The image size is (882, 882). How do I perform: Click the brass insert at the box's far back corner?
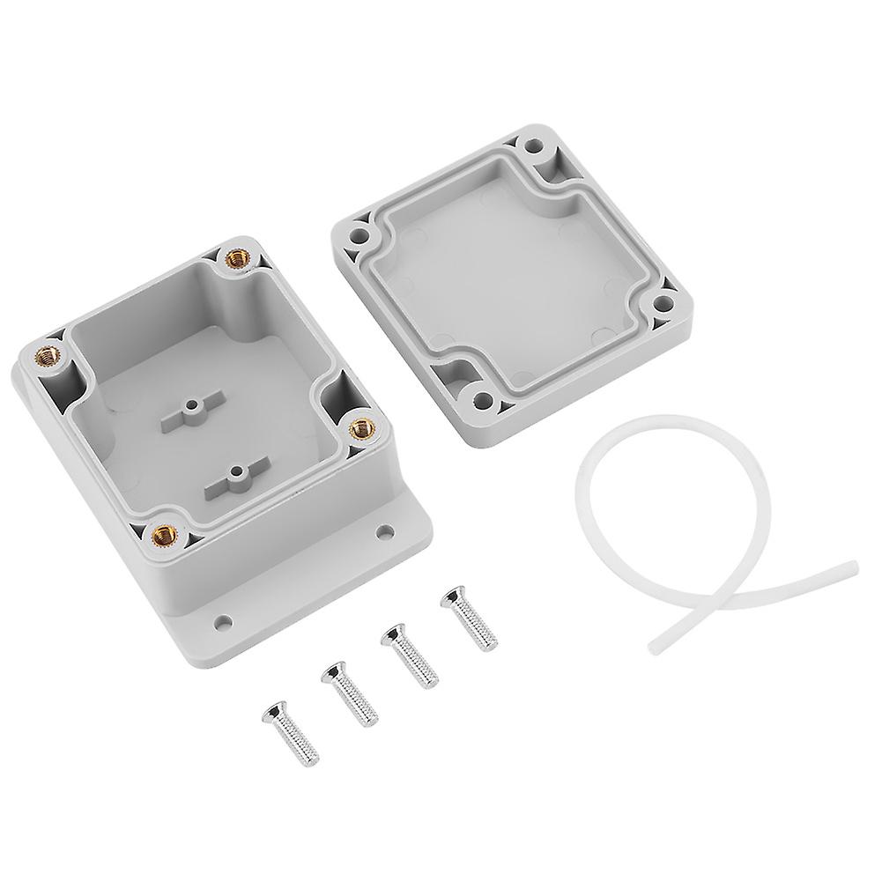click(x=236, y=257)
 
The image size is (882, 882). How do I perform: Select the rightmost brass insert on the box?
click(x=359, y=428)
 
